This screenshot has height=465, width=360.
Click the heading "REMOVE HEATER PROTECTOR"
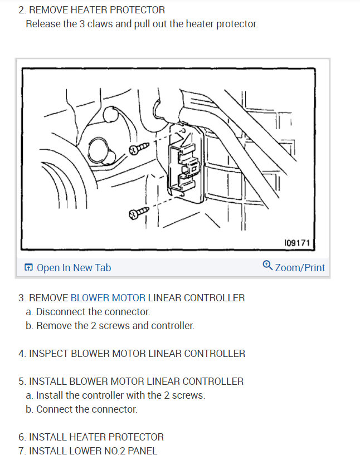96,10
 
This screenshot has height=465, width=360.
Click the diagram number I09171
296,243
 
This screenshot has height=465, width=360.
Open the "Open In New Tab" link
74,268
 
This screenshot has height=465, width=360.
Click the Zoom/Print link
300,268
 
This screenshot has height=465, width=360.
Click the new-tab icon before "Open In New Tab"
29,268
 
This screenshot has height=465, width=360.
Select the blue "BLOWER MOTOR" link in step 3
108,298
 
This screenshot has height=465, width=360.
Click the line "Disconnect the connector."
93,312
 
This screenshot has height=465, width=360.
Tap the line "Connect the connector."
86,409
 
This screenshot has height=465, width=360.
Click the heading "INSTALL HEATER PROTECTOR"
96,437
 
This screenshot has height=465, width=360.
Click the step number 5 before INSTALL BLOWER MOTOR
21,381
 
